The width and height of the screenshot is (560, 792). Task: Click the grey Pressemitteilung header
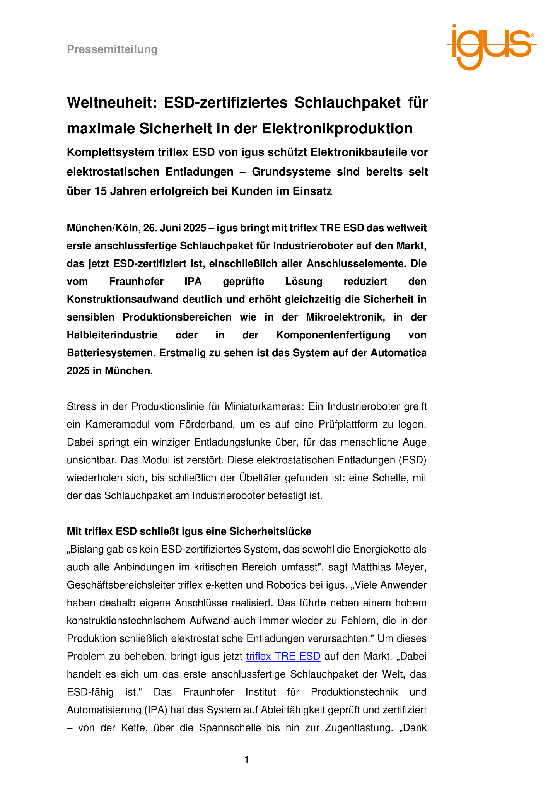coord(112,49)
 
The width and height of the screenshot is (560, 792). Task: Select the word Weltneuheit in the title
coord(111,103)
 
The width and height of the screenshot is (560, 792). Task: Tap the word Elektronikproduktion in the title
coord(337,128)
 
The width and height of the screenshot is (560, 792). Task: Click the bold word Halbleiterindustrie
coord(112,335)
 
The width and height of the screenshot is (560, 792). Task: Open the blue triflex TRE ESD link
coord(283,656)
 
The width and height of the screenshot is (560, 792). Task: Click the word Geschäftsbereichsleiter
coord(120,585)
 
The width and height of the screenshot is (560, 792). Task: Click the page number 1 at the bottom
coord(247,760)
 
